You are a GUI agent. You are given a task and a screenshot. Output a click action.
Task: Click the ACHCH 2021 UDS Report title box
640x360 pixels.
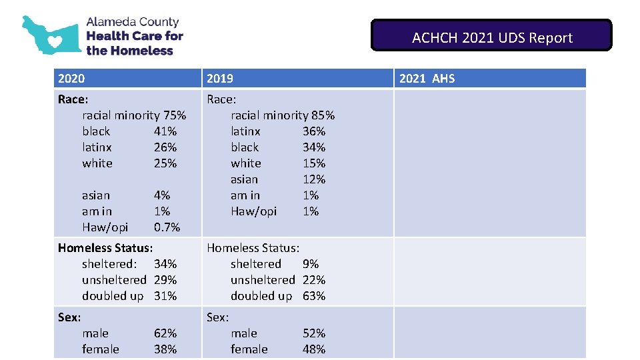491,36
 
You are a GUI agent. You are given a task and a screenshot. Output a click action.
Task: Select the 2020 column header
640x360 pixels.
71,79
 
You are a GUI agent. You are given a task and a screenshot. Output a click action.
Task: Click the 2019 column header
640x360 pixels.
220,79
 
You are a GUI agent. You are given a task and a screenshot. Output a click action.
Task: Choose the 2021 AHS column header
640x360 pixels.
427,79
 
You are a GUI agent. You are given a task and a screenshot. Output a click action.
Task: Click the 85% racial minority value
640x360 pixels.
323,115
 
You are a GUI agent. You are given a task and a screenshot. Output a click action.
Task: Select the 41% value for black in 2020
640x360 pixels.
165,131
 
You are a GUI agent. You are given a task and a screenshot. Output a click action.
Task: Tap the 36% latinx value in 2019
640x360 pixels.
314,131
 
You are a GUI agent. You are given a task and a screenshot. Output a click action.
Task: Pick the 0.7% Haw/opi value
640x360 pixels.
167,227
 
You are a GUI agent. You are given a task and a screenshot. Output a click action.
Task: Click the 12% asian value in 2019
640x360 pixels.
314,179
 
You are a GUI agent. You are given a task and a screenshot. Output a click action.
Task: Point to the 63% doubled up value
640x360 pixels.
314,296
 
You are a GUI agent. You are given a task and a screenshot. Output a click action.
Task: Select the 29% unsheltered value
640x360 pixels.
165,280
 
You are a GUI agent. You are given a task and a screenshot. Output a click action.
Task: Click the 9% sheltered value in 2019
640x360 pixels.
311,264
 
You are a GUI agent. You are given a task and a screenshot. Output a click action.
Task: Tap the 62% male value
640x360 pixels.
165,333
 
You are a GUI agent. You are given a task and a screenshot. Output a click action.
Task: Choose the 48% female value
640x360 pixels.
314,349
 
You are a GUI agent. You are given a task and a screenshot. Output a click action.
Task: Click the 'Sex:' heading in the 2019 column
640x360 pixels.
218,317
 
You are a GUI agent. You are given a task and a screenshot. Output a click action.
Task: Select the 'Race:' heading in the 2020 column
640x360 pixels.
73,99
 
